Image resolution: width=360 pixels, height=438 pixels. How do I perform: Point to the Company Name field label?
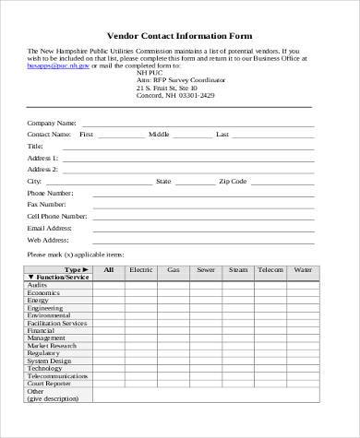pyautogui.click(x=52, y=122)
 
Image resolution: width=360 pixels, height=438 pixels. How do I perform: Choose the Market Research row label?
pyautogui.click(x=53, y=344)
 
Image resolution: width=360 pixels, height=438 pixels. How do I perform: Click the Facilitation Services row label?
pyautogui.click(x=57, y=323)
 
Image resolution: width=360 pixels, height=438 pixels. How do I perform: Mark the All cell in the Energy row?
pyautogui.click(x=109, y=300)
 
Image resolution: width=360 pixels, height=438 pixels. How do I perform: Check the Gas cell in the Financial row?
pyautogui.click(x=173, y=330)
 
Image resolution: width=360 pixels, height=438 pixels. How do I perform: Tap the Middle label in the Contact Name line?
pyautogui.click(x=159, y=134)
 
